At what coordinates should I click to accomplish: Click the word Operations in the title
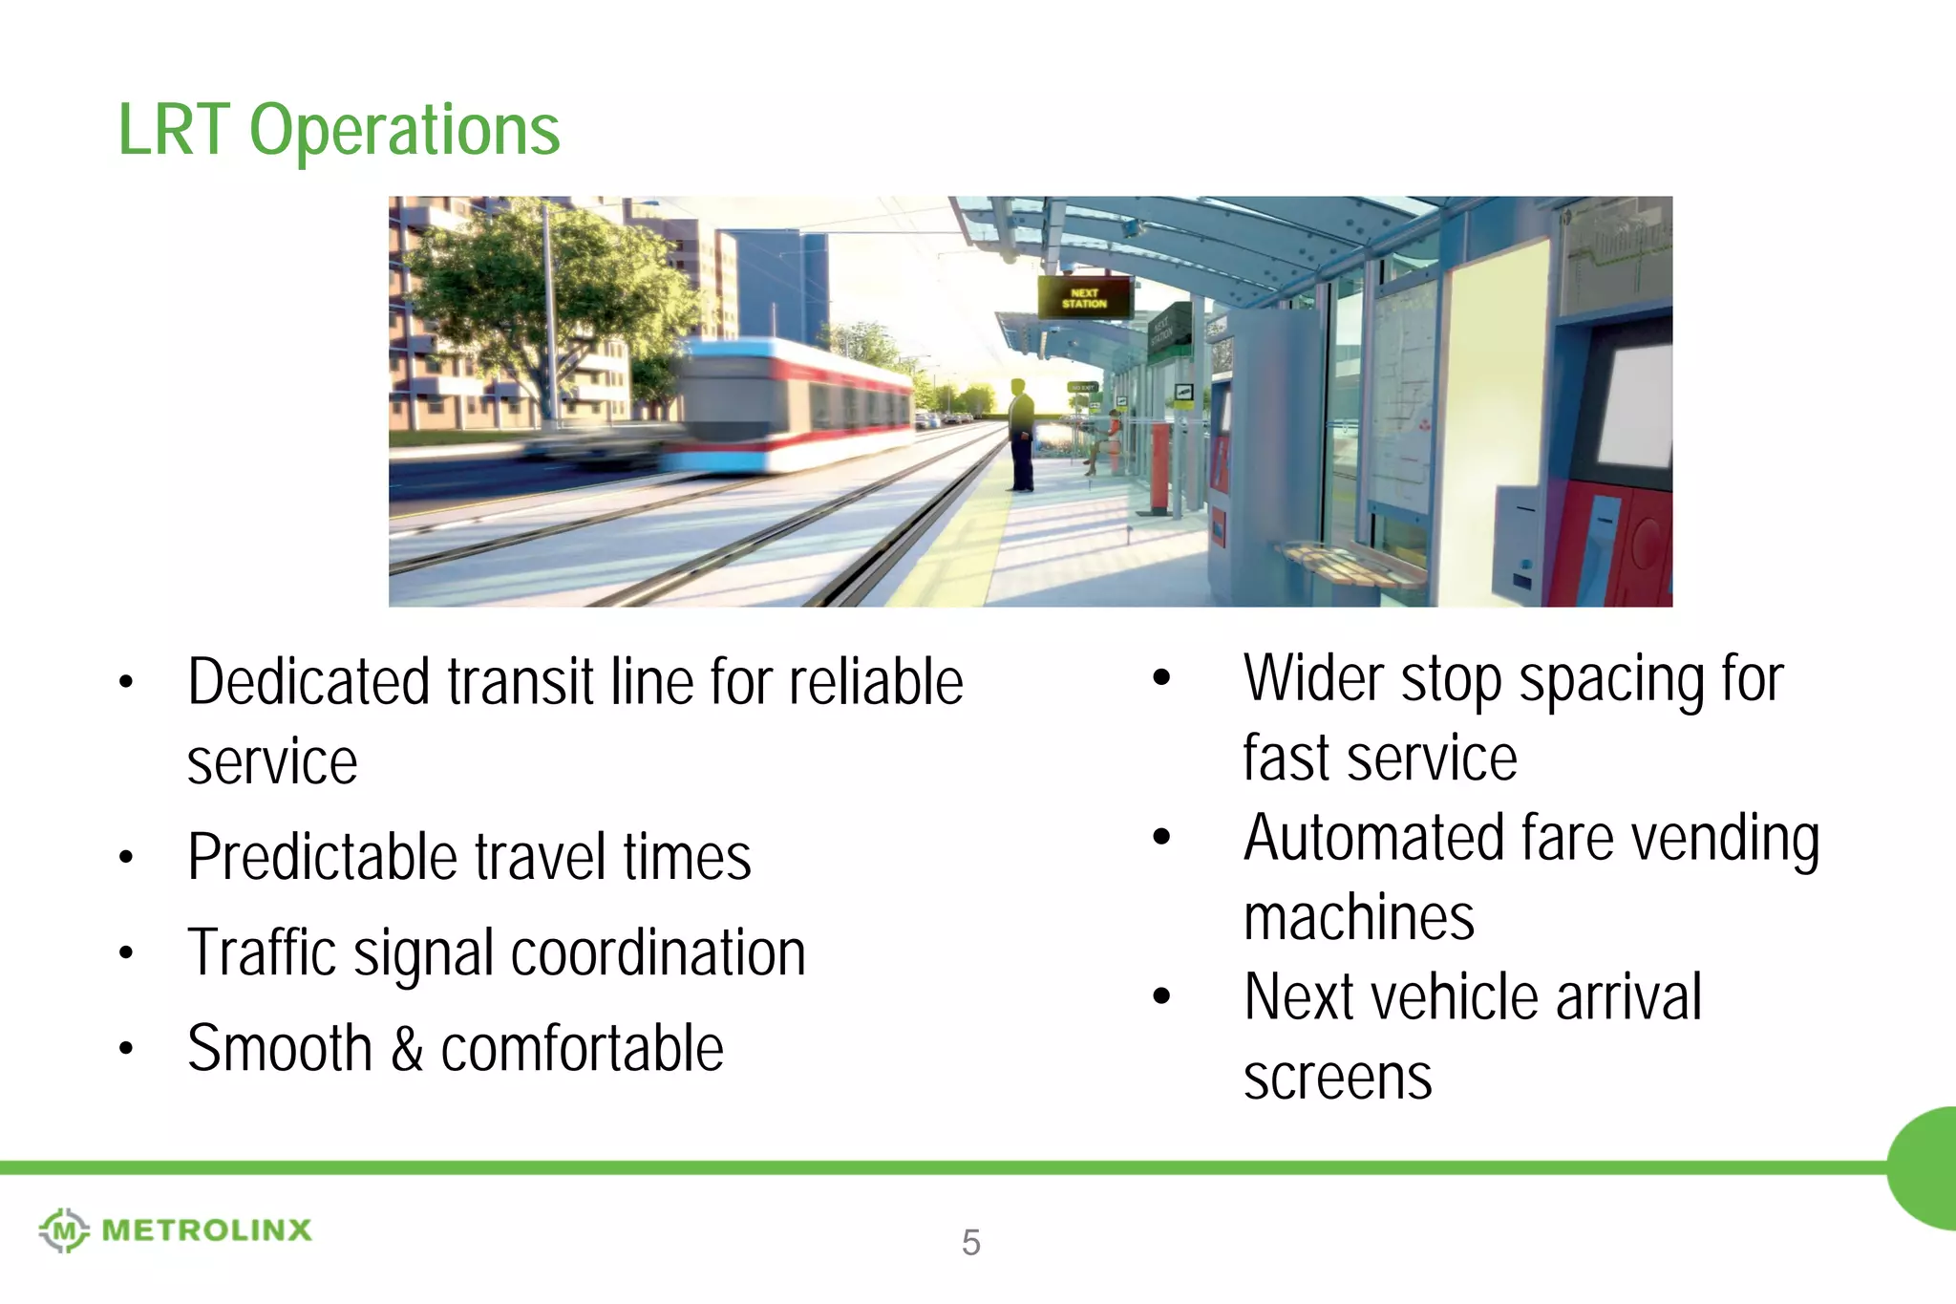pyautogui.click(x=404, y=131)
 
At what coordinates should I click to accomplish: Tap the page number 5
pyautogui.click(x=970, y=1242)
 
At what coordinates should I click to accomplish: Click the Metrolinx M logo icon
pyautogui.click(x=64, y=1229)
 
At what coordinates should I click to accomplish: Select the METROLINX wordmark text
pyautogui.click(x=206, y=1229)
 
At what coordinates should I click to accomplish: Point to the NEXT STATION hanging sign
pyautogui.click(x=1084, y=298)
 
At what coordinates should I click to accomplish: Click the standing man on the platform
pyautogui.click(x=1021, y=435)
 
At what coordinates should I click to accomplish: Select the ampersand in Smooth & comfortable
pyautogui.click(x=407, y=1048)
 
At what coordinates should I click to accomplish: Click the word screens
pyautogui.click(x=1337, y=1077)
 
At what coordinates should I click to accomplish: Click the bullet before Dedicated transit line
pyautogui.click(x=126, y=682)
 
